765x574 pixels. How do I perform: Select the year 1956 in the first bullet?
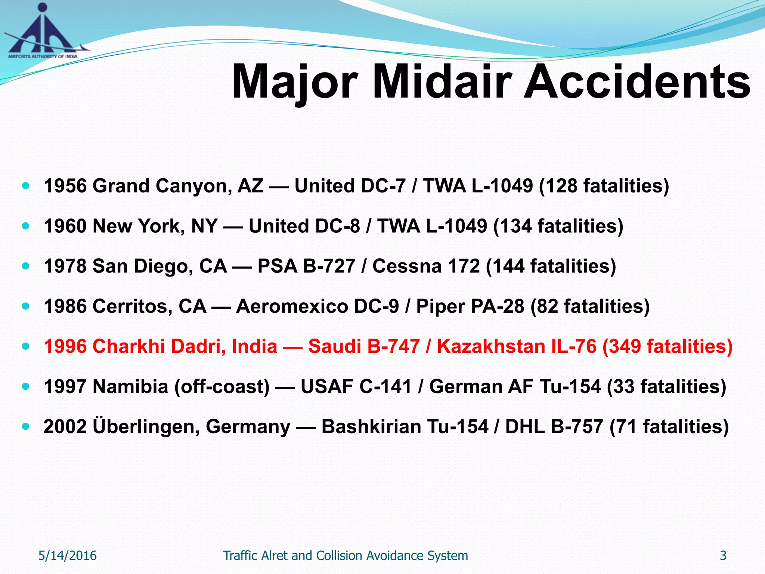tap(65, 186)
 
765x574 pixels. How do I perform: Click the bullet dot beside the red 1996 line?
tap(25, 346)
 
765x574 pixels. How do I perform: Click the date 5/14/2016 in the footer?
tap(68, 556)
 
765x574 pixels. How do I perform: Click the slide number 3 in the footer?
tap(723, 556)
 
